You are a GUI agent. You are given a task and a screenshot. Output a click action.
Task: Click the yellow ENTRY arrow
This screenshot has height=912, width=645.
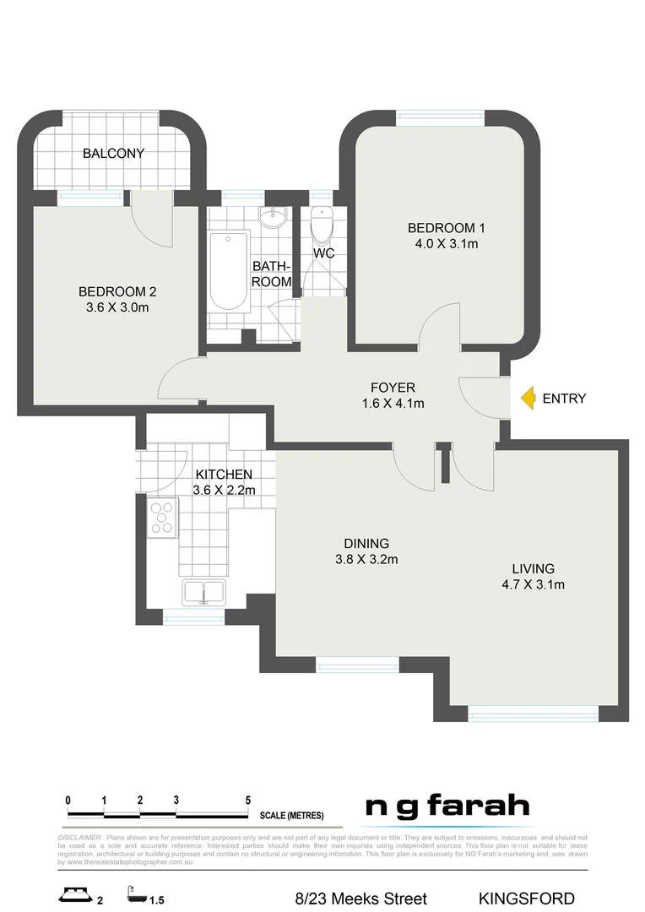coord(527,398)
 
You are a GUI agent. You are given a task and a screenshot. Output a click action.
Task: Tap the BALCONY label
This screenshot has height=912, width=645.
coord(113,154)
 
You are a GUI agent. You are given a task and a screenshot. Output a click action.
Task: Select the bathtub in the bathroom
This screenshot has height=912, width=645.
coord(228,269)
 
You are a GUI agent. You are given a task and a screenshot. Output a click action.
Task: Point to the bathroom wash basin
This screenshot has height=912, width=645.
coord(272,219)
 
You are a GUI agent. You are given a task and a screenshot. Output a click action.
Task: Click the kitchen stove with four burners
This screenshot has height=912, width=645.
coord(162,518)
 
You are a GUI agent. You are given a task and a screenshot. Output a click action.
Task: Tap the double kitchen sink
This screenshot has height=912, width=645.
coord(203,592)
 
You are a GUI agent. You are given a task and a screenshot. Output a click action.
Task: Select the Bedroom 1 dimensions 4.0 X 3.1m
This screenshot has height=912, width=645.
coord(446,244)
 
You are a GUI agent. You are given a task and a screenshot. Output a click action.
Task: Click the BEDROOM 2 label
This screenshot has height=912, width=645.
coord(117,291)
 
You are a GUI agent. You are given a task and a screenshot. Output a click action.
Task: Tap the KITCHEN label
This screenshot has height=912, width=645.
coord(223,475)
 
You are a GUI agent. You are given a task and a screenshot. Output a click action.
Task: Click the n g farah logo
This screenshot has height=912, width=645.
coord(447,807)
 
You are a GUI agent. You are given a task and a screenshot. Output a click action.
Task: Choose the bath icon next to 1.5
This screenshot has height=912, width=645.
coord(134,893)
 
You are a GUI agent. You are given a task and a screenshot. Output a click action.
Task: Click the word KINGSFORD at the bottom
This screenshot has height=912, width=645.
coord(526,898)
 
